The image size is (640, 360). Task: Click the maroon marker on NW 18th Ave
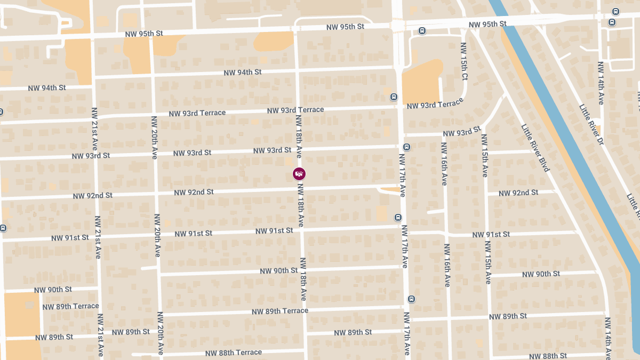(299, 174)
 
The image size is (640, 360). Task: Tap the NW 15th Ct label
(464, 62)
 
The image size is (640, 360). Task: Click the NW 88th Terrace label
(234, 353)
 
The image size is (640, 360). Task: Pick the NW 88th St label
(548, 356)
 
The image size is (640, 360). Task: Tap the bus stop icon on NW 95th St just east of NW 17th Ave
(422, 31)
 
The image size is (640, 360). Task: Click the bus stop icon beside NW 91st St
(398, 218)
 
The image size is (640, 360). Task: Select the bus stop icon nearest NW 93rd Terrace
(394, 97)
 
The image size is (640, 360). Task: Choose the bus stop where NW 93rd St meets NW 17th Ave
(406, 147)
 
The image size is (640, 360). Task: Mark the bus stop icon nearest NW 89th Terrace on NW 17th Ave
(411, 299)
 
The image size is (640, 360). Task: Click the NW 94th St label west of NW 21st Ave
(47, 87)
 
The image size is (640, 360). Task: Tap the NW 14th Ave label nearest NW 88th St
(608, 337)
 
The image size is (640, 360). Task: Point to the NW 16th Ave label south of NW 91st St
(447, 266)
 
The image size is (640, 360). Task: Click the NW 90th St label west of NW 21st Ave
(53, 290)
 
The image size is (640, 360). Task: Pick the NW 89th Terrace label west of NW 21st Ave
(70, 307)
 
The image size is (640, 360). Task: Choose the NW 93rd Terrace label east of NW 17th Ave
(435, 105)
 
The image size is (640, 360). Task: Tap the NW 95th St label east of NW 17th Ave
(487, 24)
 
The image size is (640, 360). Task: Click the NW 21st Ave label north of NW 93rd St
(94, 129)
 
